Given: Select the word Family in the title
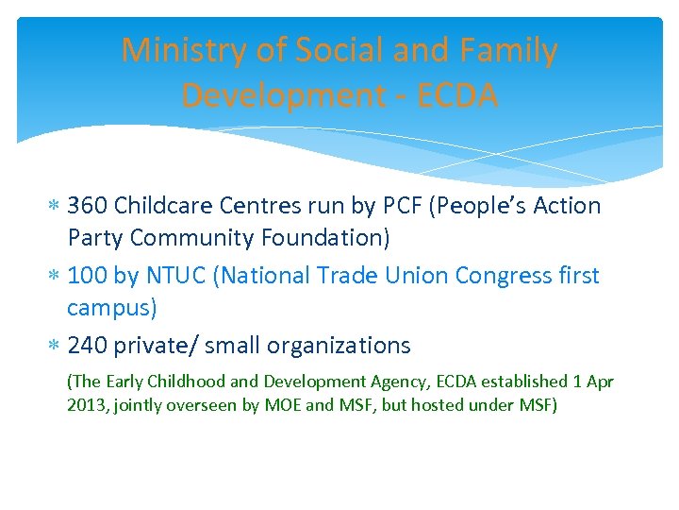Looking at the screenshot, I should (x=511, y=50).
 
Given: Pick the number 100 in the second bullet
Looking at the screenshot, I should (x=87, y=276).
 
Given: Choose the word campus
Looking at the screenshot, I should (x=111, y=309).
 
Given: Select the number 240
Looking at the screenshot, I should (x=88, y=346).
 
